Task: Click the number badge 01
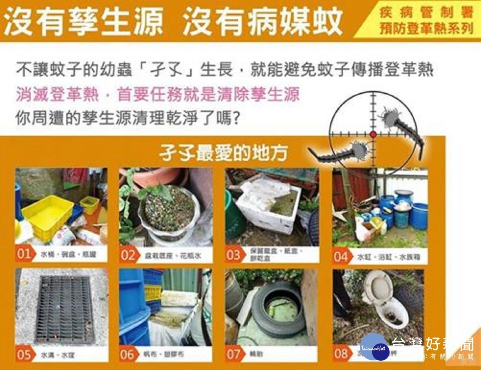tap(24, 254)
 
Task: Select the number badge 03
tap(234, 255)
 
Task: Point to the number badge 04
tap(341, 256)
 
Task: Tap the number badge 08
tap(341, 354)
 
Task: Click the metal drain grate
tap(64, 308)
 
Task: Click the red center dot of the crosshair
tap(373, 134)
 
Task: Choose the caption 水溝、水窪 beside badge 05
tap(52, 355)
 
